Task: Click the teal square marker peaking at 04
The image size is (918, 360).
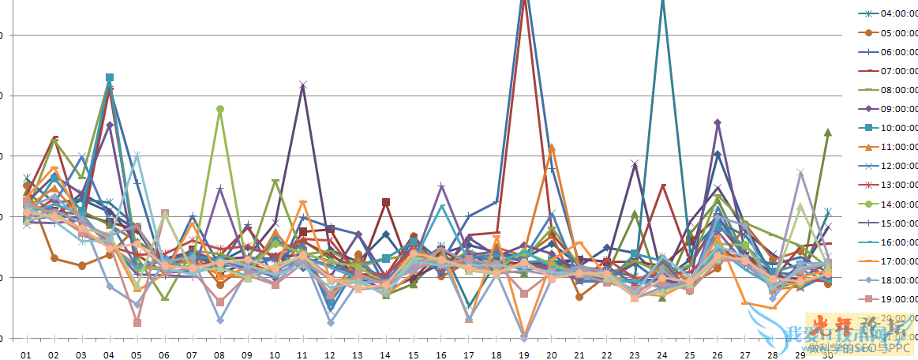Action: point(110,78)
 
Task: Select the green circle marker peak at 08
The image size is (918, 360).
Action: point(220,109)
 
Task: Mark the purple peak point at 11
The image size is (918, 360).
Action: point(303,84)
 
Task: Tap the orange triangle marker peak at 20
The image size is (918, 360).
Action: point(552,148)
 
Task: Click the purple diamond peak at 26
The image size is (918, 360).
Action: point(718,123)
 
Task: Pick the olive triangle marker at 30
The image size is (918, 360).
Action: point(827,132)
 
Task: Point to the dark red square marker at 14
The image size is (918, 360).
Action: point(386,203)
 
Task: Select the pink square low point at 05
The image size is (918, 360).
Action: point(137,322)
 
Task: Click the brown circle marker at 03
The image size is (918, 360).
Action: point(82,265)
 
